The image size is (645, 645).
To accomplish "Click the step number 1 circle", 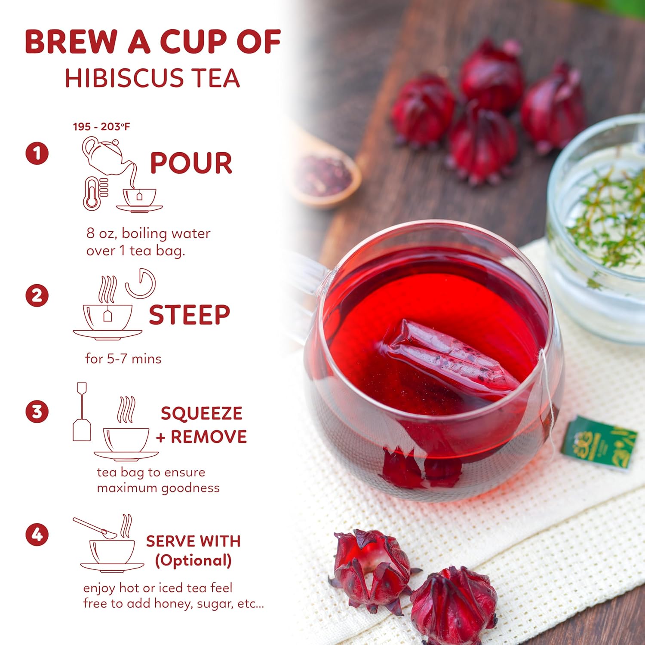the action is (x=37, y=154).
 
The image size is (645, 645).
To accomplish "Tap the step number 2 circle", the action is (x=37, y=295).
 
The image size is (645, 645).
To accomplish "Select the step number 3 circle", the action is (x=37, y=412).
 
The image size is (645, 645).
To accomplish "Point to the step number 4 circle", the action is (x=37, y=534).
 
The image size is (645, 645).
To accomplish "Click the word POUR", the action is (x=191, y=163).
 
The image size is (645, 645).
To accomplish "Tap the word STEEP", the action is (x=189, y=315).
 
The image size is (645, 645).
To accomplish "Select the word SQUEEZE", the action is (x=201, y=413).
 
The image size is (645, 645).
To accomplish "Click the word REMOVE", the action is (x=209, y=437).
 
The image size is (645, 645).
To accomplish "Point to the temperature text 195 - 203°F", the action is (x=101, y=126).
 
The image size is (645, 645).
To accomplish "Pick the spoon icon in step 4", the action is (x=95, y=527).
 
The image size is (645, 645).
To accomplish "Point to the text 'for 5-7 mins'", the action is (x=123, y=359).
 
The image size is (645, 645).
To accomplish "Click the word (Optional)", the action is (x=193, y=561).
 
